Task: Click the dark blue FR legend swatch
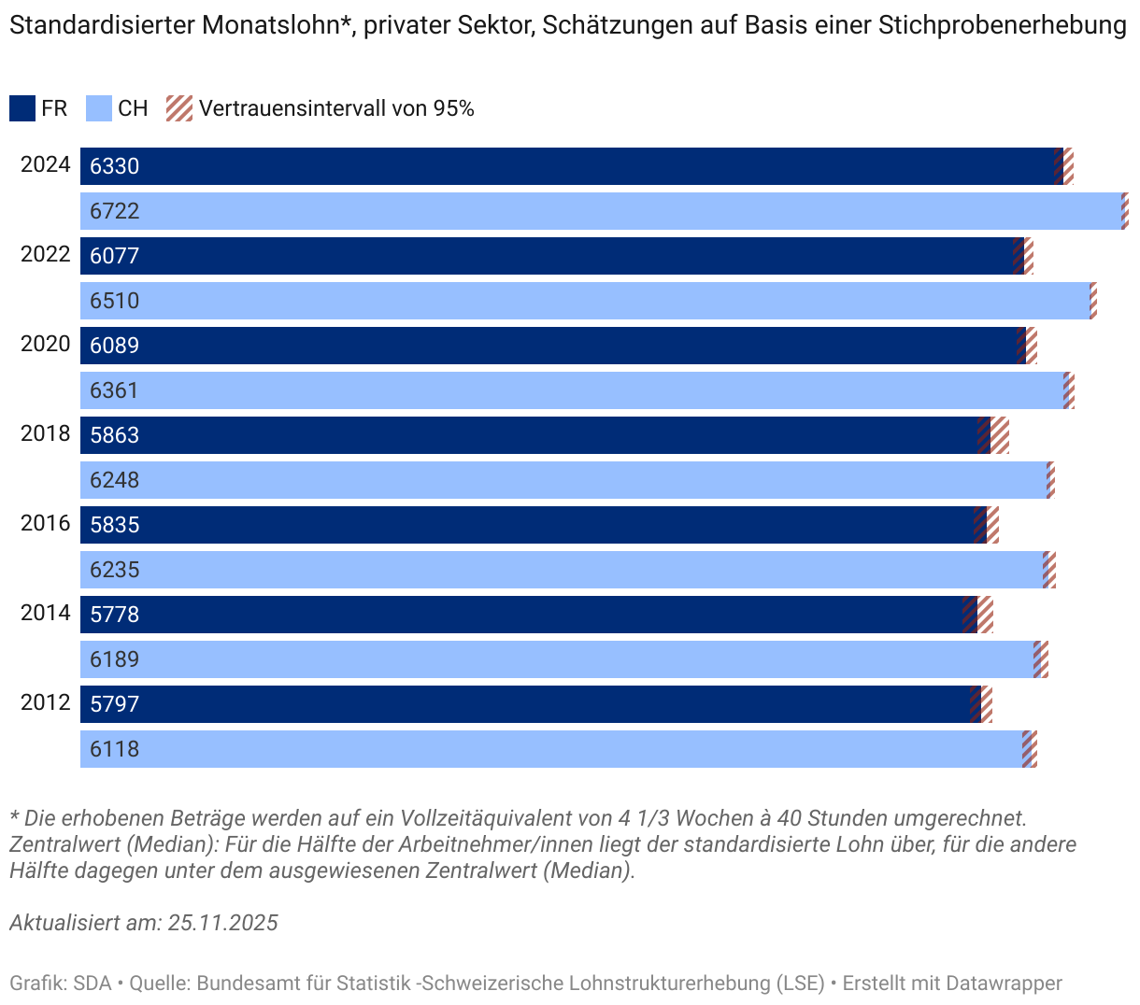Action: pos(22,108)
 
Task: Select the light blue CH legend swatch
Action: pos(99,108)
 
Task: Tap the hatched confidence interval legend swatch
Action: pos(179,108)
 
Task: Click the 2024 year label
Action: pos(46,165)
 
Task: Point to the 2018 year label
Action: pos(46,434)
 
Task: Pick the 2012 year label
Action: pos(46,703)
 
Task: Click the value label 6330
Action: pos(115,166)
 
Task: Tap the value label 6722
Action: pos(115,211)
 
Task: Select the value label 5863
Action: pos(115,435)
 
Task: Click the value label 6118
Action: pos(115,749)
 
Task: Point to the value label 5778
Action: pos(115,615)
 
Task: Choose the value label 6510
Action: pos(115,301)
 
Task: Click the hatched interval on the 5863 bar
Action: pos(993,435)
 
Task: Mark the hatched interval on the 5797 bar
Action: pos(981,704)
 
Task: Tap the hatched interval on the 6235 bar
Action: pos(1049,570)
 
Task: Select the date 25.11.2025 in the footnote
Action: pos(223,923)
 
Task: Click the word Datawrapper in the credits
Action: pos(1005,983)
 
